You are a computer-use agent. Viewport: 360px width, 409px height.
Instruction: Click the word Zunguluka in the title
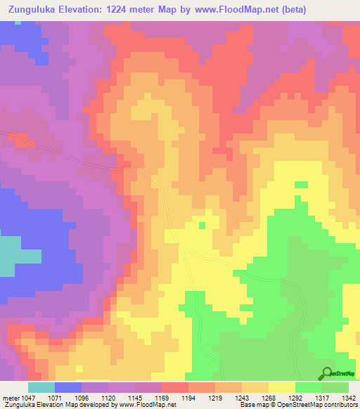coord(31,10)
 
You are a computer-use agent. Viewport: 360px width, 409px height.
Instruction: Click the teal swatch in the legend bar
coord(41,387)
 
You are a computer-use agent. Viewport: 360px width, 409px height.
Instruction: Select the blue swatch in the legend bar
coord(68,387)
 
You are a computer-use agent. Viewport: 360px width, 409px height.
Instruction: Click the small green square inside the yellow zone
coord(301,184)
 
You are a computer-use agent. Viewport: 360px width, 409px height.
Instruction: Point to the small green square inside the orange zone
coord(202,226)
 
